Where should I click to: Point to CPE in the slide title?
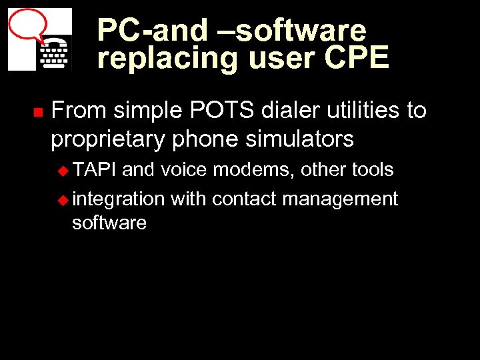coord(356,59)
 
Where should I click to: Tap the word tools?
coord(373,170)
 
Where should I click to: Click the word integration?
coord(118,199)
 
